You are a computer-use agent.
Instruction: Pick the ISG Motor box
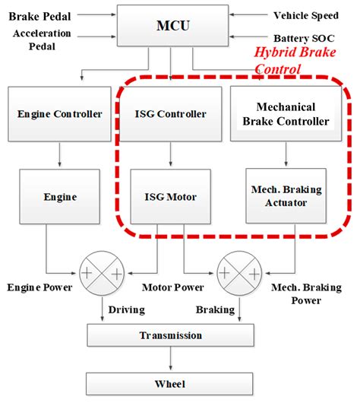point(170,197)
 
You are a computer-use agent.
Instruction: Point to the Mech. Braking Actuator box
point(286,197)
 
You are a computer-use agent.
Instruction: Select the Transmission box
point(170,335)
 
